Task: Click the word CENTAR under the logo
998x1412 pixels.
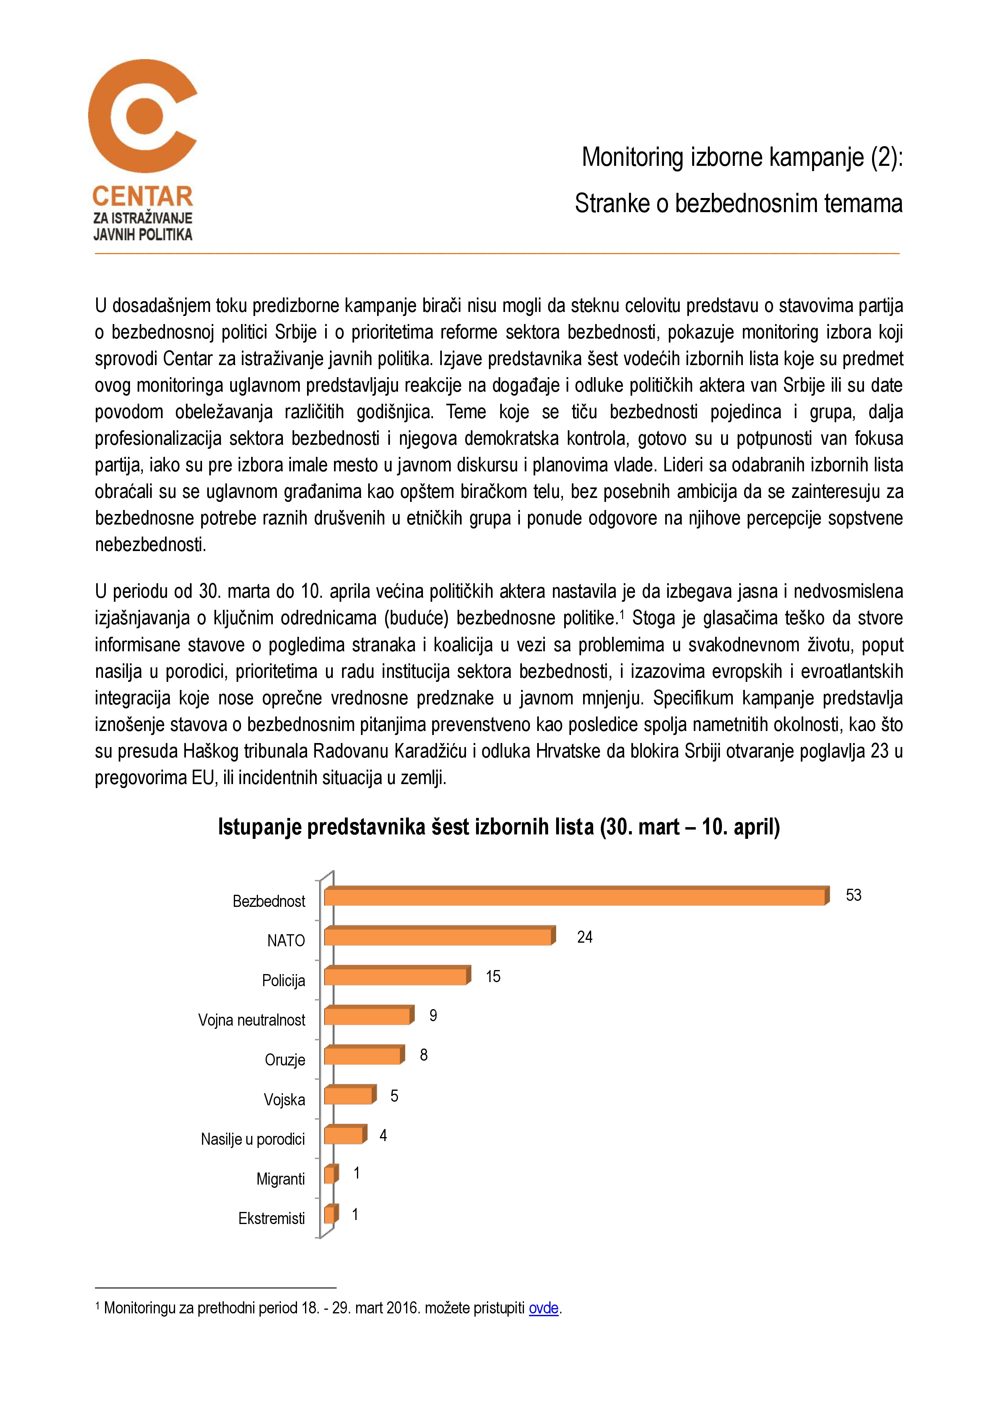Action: pos(143,197)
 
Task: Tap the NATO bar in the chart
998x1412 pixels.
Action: pos(438,937)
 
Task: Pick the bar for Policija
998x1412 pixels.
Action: pos(396,976)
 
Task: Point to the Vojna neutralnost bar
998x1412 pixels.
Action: pos(368,1016)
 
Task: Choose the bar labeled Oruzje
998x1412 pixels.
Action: pos(363,1056)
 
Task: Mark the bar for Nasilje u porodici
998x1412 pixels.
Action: pos(344,1135)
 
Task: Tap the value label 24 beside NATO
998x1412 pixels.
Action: pos(584,937)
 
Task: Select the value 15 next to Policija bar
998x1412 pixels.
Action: pos(493,976)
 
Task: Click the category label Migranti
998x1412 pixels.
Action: pos(280,1179)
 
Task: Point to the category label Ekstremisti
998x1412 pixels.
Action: pos(271,1218)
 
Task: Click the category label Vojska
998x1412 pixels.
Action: pos(284,1100)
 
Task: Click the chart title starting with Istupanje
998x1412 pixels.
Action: pos(499,827)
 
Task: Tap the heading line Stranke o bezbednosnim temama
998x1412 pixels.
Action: pos(738,204)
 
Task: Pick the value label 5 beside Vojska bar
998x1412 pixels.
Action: pos(394,1096)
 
